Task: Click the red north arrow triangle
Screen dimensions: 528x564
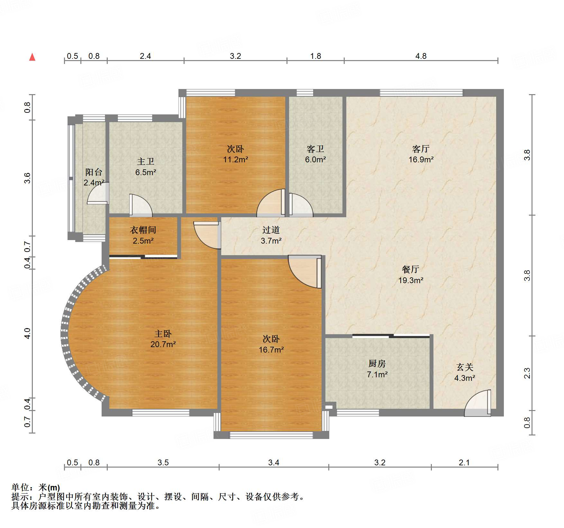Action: click(32, 57)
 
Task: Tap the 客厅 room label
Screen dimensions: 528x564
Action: click(421, 149)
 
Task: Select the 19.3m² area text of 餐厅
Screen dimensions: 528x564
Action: click(411, 280)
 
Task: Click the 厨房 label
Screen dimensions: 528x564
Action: click(377, 363)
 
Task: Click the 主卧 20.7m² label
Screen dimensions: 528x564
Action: click(163, 339)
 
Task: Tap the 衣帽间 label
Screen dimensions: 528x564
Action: click(143, 230)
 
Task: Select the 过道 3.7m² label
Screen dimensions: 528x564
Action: click(271, 235)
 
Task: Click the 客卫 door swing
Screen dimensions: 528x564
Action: click(300, 204)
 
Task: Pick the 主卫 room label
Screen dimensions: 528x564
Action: click(146, 161)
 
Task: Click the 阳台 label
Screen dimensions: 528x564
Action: click(94, 172)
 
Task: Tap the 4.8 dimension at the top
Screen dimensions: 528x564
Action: click(421, 56)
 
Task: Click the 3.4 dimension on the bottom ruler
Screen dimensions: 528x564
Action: click(274, 462)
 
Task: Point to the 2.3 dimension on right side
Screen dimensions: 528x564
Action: click(527, 373)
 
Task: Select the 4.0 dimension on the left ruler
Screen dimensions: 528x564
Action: click(27, 333)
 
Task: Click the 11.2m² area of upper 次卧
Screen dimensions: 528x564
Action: click(236, 159)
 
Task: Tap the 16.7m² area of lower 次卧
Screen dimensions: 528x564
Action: click(271, 350)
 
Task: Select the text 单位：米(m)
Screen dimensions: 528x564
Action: click(36, 488)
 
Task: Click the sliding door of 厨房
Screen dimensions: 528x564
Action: click(391, 336)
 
